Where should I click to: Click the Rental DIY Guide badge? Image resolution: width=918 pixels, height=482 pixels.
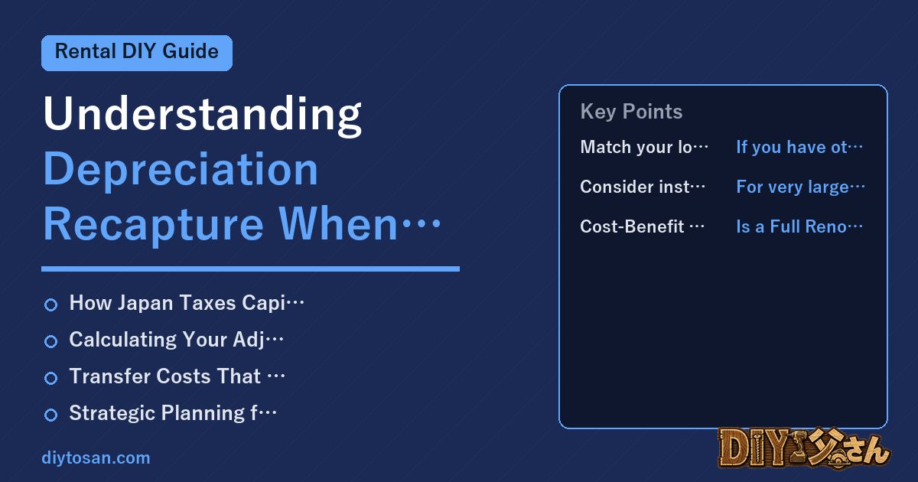tap(137, 53)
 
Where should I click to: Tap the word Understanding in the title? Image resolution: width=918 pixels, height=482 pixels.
tap(203, 115)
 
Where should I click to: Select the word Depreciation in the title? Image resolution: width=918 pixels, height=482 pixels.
tap(181, 170)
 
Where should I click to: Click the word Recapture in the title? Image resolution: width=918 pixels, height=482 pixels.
tap(153, 225)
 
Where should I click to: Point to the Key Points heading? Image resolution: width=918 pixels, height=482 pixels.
tap(631, 112)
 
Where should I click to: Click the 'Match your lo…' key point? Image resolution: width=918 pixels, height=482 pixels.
tap(644, 147)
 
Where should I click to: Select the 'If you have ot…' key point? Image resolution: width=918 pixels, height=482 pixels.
tap(799, 147)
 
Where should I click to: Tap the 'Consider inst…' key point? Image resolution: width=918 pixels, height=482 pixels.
tap(643, 187)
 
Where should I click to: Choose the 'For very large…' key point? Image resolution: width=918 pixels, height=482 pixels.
tap(800, 187)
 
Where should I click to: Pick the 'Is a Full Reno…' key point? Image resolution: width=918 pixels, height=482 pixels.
tap(799, 226)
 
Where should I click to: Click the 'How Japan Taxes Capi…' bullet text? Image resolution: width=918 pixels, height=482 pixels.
tap(187, 303)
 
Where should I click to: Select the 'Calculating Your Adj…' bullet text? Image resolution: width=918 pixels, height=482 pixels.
tap(176, 340)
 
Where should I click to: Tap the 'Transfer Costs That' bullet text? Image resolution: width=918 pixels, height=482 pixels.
tap(177, 376)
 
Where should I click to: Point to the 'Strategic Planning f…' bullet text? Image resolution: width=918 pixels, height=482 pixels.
tap(173, 413)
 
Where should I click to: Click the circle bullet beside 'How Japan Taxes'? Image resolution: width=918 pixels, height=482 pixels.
tap(50, 305)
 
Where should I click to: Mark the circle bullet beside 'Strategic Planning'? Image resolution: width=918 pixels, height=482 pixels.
tap(50, 415)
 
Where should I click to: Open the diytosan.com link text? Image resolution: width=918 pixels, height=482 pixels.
tap(96, 458)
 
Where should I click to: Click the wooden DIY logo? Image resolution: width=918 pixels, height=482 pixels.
tap(804, 448)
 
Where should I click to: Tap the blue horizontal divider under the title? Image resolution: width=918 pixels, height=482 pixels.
tap(250, 269)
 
